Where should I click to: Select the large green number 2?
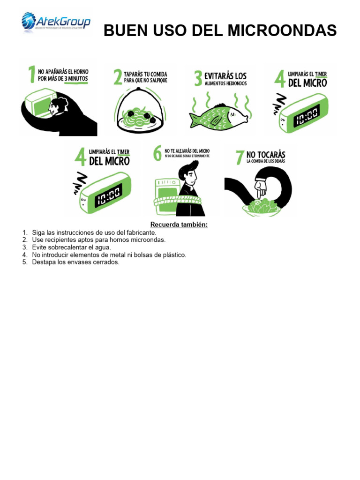[x=118, y=77]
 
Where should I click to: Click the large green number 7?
[x=240, y=157]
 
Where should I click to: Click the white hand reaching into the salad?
[x=260, y=188]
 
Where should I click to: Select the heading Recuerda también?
[x=179, y=225]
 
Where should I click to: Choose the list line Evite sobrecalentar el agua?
[x=71, y=247]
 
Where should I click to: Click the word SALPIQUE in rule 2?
[x=156, y=81]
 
